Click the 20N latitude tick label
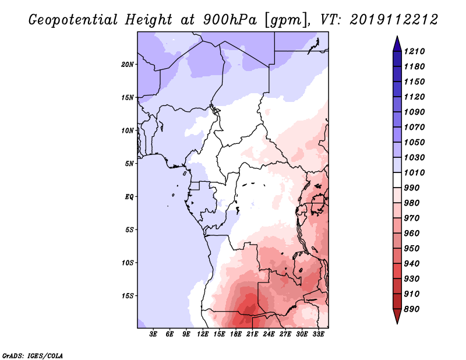[128, 64]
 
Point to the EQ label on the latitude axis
[129, 196]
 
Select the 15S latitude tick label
[128, 295]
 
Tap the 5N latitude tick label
[129, 164]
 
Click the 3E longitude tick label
[154, 334]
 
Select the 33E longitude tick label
[318, 334]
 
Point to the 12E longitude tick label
[203, 334]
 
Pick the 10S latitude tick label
[128, 263]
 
